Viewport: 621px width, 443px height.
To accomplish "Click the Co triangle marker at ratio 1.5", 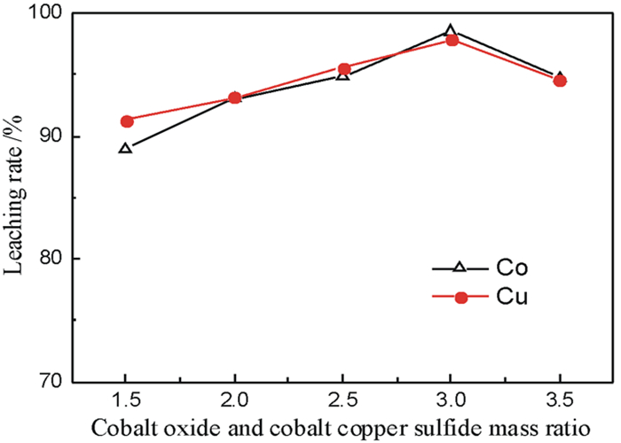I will click(x=126, y=148).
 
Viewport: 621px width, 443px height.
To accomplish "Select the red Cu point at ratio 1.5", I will click(x=127, y=120).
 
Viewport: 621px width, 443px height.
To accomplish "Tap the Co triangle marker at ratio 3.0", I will click(x=451, y=31).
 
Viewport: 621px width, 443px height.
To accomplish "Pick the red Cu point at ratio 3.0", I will click(x=452, y=40).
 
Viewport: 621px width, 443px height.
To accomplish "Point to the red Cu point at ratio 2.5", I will click(x=343, y=68).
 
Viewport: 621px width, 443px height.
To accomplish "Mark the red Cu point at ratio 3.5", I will click(x=560, y=81).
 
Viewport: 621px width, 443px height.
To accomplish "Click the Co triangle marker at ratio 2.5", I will click(x=343, y=75).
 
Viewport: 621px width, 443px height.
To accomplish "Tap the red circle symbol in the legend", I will click(x=460, y=298).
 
